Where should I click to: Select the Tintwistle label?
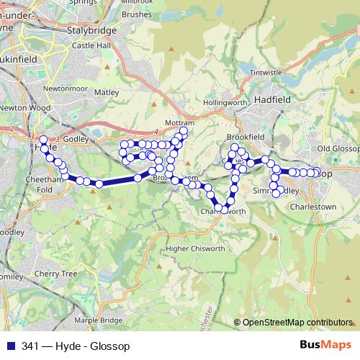coord(266,73)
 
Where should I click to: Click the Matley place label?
coord(107,92)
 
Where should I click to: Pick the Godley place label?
coord(75,138)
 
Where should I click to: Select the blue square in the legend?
coord(10,346)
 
